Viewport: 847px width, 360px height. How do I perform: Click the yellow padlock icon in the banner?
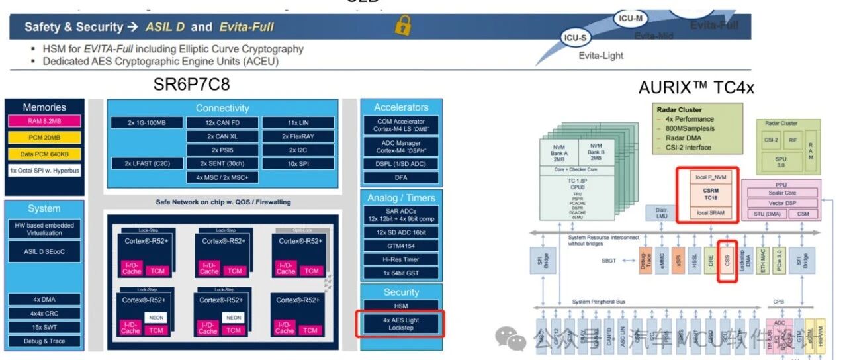tap(403, 26)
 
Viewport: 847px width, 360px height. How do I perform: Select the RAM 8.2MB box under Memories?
tap(45, 121)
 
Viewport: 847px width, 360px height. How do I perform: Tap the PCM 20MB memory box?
tap(45, 138)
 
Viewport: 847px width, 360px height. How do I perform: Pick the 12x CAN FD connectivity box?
tap(222, 122)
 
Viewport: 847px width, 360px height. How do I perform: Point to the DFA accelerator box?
tap(401, 177)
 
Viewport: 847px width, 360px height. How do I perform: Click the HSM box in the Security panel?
tap(401, 306)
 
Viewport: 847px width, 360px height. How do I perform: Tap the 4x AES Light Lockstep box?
tap(401, 324)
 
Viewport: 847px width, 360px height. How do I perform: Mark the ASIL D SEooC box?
tap(44, 251)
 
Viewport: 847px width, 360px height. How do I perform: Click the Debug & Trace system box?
tap(44, 341)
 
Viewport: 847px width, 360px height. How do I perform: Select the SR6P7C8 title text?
tap(192, 86)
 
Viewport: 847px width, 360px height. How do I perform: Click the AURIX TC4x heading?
tap(696, 87)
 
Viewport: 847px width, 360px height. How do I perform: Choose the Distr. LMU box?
tap(657, 213)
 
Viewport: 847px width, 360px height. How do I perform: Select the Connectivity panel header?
tap(222, 108)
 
